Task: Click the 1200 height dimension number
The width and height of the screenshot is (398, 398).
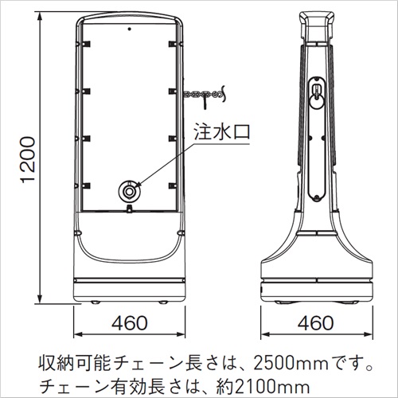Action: (28, 159)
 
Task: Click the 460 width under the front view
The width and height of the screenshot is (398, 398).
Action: (129, 323)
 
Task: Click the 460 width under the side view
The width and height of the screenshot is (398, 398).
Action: (316, 323)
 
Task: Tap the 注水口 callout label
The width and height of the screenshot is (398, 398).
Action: (222, 131)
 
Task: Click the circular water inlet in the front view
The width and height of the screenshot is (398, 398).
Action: (130, 191)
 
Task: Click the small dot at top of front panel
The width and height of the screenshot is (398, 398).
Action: (129, 29)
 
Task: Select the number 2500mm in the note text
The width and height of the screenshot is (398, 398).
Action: (291, 364)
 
